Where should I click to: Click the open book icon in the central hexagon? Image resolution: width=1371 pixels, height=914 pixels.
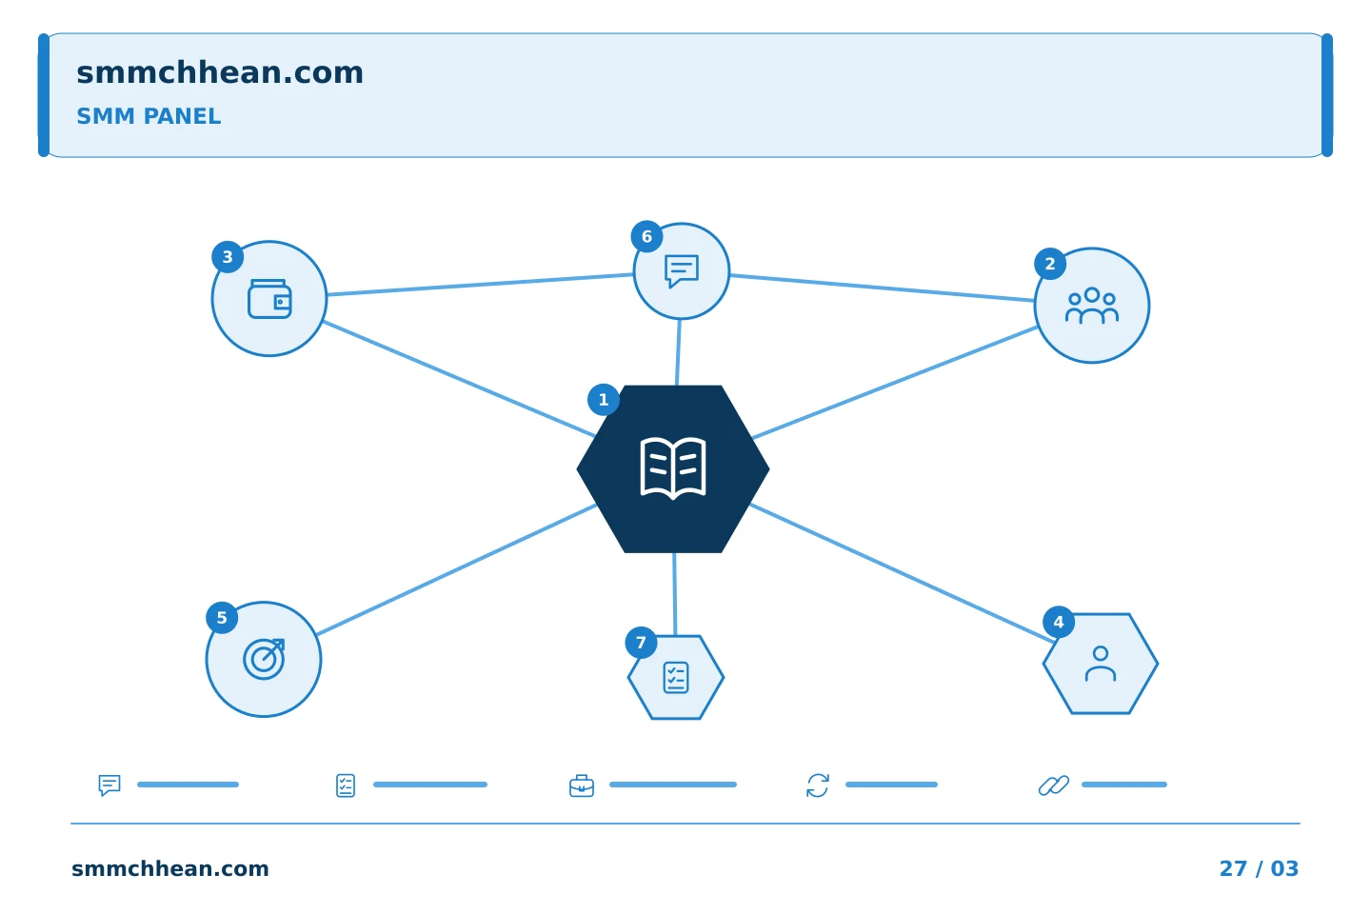(672, 468)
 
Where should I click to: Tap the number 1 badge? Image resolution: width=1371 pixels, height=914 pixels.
(603, 400)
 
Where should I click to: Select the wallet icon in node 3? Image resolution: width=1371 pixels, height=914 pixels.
(269, 299)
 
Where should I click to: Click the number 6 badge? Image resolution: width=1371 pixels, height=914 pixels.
(646, 236)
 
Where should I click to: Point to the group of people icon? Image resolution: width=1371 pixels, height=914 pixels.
(1091, 305)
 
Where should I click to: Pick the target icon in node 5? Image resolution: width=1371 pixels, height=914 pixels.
(264, 659)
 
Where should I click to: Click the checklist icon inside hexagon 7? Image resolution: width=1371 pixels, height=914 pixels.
(676, 677)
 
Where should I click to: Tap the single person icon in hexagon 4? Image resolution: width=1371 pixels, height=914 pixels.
(1100, 664)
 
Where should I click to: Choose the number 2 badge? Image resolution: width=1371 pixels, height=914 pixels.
(1049, 264)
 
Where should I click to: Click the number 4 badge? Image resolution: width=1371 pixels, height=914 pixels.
(1059, 622)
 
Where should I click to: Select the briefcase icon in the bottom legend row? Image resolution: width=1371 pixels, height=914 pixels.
(581, 785)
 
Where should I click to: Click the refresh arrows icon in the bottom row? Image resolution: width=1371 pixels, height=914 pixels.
(817, 785)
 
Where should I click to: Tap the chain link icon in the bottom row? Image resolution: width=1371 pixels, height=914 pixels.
(1053, 785)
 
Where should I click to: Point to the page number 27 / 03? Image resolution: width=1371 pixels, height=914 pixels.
(1259, 868)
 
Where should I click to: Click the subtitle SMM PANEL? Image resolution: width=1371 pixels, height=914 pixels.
(149, 116)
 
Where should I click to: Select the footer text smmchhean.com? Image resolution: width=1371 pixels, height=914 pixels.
(170, 868)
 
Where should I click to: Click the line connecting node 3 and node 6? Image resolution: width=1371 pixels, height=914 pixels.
(480, 284)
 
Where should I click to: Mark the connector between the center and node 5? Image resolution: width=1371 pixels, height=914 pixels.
(457, 569)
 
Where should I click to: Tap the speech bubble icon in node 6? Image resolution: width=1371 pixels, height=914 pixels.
(682, 270)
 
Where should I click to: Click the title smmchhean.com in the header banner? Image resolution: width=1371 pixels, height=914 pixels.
(220, 72)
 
